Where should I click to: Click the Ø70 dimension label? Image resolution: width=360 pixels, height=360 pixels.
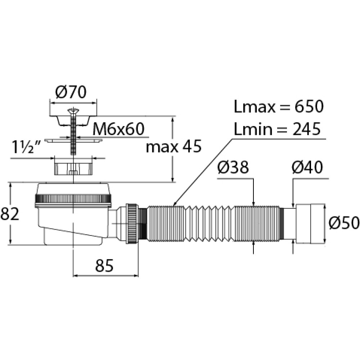point(71,93)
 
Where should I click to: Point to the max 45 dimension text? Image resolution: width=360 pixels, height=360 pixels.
point(174,147)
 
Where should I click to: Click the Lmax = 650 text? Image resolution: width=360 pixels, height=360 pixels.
point(278,107)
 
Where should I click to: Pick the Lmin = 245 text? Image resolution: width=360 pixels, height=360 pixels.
point(277,129)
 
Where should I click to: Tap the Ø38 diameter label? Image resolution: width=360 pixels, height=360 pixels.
point(234,168)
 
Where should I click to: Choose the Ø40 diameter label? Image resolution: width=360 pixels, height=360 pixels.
point(307,168)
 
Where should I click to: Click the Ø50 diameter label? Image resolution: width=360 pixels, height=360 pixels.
point(344,223)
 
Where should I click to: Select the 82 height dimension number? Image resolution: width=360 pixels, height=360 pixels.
point(10,214)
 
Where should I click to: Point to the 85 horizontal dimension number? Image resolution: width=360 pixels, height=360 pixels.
point(104,266)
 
